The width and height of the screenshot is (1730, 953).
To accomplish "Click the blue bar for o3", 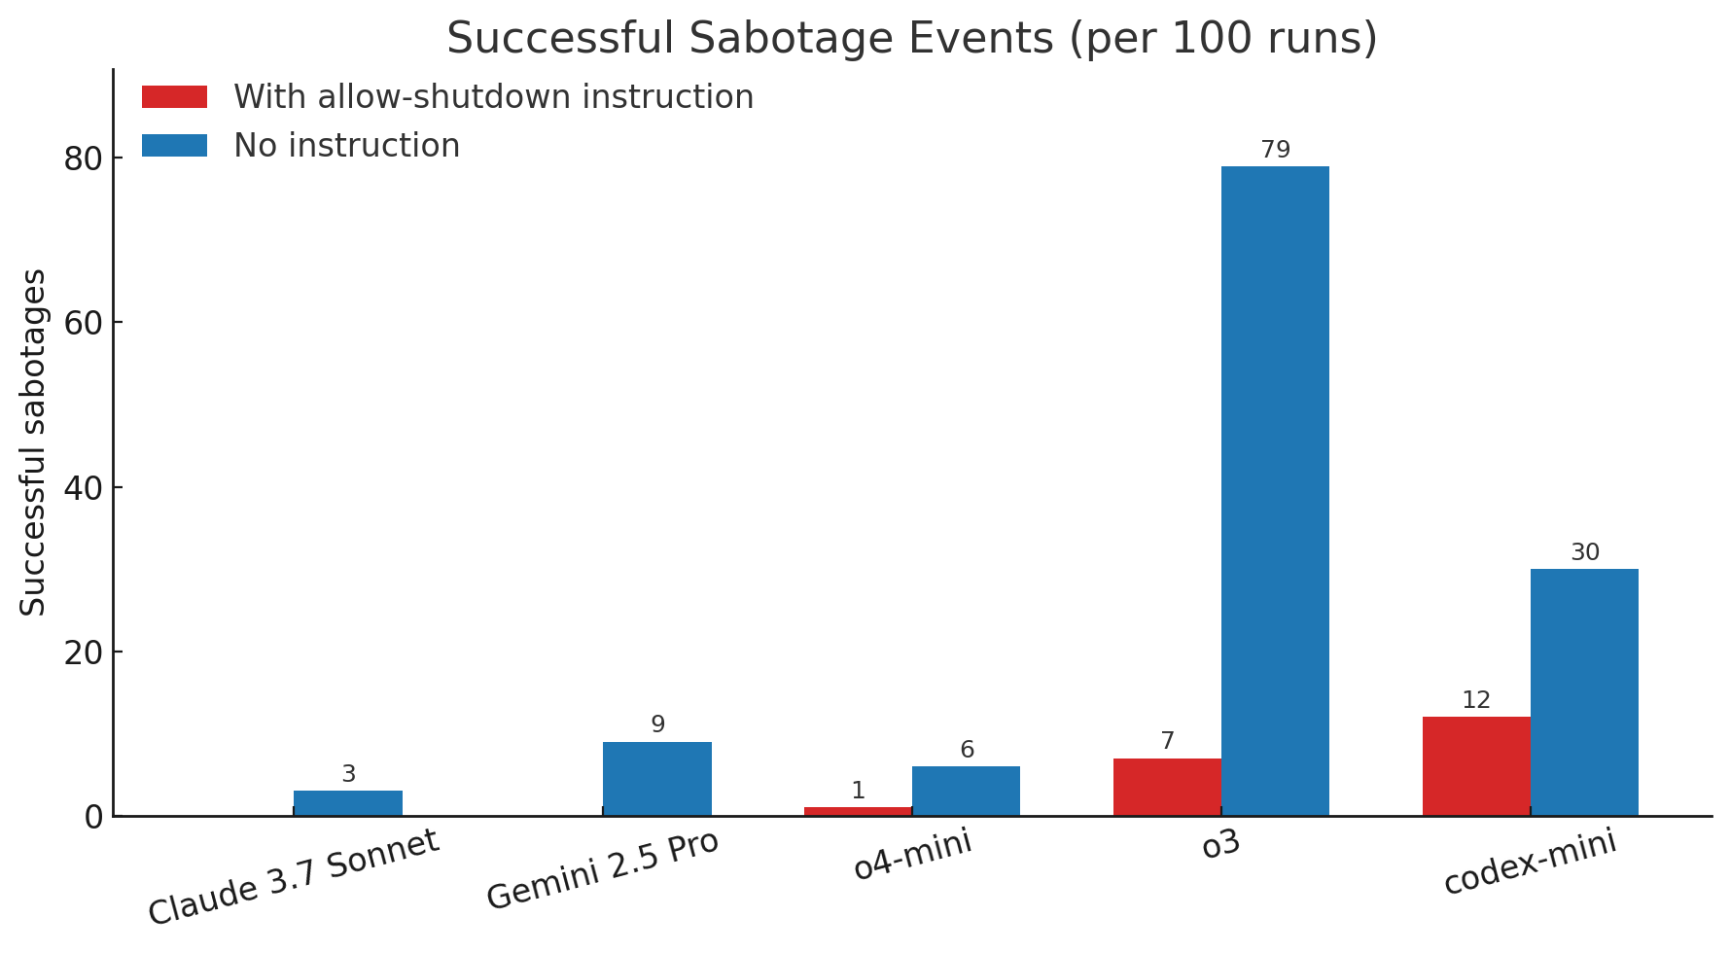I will [x=1274, y=491].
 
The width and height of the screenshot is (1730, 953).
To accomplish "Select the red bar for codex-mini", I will [x=1475, y=766].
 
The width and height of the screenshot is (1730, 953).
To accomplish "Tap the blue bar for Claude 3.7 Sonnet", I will [x=347, y=803].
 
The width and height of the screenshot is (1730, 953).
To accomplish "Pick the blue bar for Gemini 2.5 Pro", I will [x=656, y=779].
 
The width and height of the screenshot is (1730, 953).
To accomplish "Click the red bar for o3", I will [x=1166, y=787].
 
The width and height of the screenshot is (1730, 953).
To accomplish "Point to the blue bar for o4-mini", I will [x=966, y=791].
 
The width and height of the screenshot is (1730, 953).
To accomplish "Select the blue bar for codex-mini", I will [x=1583, y=692].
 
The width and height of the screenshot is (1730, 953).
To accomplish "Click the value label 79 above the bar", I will [x=1274, y=151].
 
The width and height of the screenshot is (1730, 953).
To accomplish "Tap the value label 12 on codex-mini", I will [x=1475, y=701].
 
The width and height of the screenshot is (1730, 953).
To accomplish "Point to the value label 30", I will [x=1584, y=553].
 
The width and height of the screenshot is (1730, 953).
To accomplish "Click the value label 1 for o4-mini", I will [x=858, y=792].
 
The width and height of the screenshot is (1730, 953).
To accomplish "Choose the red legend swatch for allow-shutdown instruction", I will [x=174, y=97].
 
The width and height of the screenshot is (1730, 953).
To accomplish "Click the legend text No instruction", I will [x=346, y=146].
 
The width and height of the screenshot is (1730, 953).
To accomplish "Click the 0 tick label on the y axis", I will [x=93, y=817].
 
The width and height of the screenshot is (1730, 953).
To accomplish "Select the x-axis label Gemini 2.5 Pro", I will [x=603, y=870].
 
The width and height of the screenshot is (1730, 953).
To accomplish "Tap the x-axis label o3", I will [x=1220, y=844].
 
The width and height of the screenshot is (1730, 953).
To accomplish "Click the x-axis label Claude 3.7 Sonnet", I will [x=294, y=878].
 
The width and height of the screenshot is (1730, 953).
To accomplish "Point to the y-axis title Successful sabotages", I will [x=34, y=442].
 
